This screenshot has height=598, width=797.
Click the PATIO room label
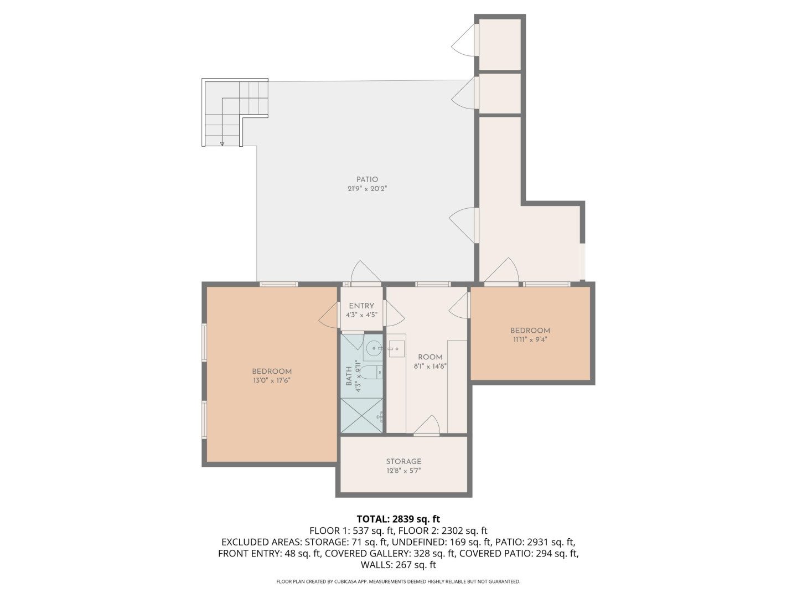tap(367, 179)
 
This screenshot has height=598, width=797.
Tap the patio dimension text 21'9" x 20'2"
tap(367, 189)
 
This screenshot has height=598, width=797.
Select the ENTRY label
tap(361, 306)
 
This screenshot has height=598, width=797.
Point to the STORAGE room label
tap(403, 461)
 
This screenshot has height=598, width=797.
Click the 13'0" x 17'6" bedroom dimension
tap(272, 380)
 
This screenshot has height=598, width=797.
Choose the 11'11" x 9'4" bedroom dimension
tap(530, 340)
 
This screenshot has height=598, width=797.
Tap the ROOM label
tap(430, 357)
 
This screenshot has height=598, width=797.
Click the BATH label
tap(349, 376)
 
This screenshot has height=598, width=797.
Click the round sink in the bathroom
tap(373, 349)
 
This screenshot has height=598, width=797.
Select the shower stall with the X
tap(361, 415)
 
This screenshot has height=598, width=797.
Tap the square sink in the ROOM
tap(396, 349)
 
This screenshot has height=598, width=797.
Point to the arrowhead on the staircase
tap(222, 144)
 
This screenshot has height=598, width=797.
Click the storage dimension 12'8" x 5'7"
tap(403, 471)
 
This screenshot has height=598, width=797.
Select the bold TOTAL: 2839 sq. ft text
tap(398, 519)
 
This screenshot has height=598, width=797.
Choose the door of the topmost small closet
tap(463, 40)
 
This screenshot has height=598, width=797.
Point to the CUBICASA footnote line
tap(398, 581)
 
